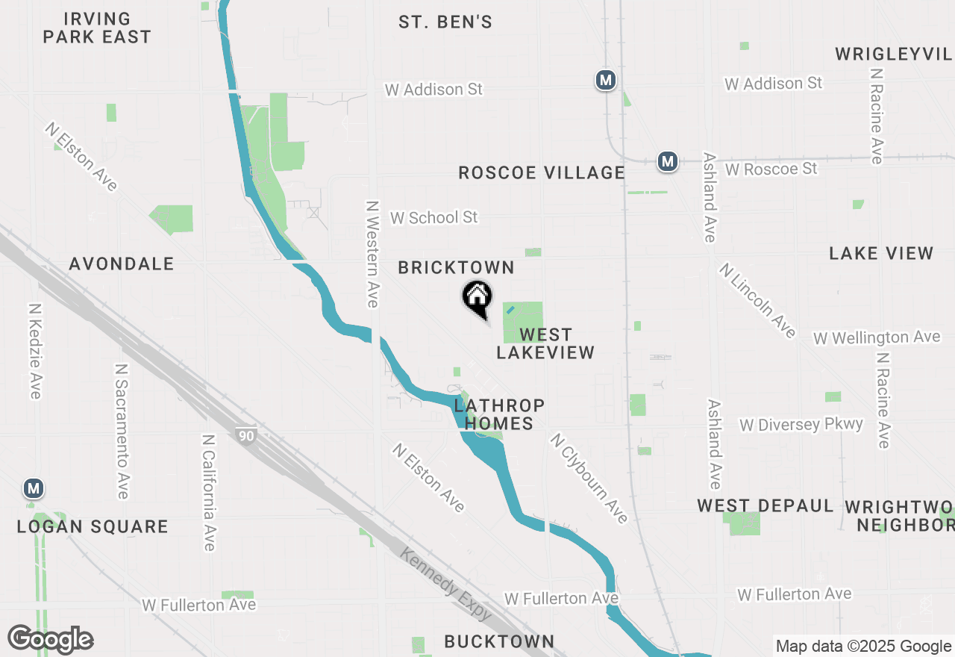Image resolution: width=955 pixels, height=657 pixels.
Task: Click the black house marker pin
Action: (x=477, y=299)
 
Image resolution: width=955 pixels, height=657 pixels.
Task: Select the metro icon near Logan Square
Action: (x=33, y=489)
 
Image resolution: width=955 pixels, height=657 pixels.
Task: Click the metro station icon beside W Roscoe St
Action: (x=667, y=161)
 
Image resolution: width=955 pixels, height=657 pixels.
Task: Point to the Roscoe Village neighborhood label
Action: (x=542, y=173)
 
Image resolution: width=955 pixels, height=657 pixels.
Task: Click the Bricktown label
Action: (x=456, y=268)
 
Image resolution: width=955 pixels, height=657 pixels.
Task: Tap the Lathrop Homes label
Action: (x=499, y=414)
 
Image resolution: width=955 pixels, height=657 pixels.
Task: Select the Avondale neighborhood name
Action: (x=122, y=264)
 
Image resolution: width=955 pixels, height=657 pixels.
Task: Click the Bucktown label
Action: (x=499, y=641)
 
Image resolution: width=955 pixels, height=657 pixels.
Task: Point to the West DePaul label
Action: (x=765, y=506)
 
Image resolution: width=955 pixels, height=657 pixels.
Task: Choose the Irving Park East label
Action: (x=97, y=28)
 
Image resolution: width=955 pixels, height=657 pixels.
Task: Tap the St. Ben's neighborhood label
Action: (x=445, y=22)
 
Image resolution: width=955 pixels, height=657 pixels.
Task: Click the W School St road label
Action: (x=433, y=217)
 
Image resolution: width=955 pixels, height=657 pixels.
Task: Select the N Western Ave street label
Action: (x=373, y=254)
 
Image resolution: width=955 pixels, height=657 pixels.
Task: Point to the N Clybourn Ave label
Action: (x=589, y=478)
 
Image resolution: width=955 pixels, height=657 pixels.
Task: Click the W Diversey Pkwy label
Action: (x=801, y=425)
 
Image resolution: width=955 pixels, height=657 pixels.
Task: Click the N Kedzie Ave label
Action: (x=34, y=350)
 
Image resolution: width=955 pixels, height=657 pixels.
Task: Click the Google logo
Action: (x=51, y=640)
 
